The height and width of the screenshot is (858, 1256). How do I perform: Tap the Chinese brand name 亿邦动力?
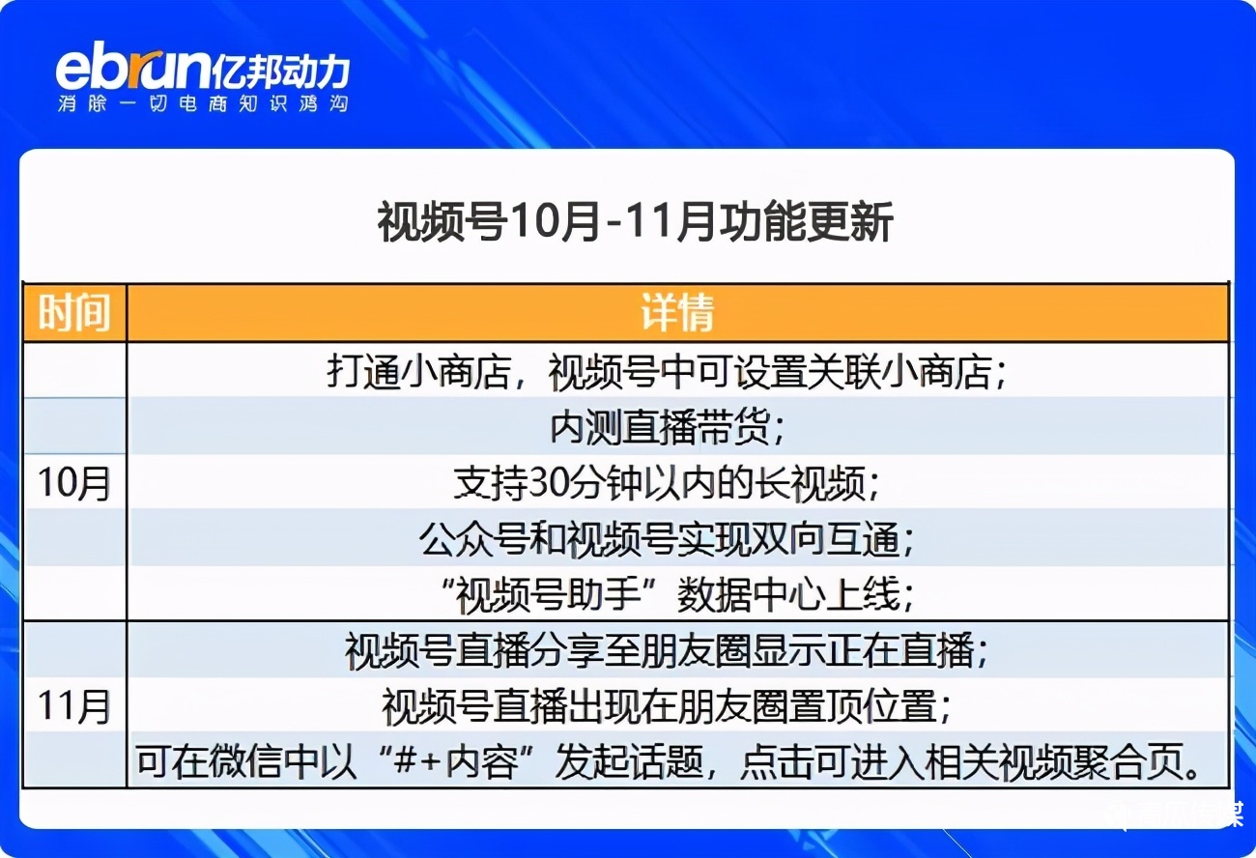point(280,71)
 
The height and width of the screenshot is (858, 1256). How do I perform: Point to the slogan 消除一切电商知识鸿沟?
point(203,103)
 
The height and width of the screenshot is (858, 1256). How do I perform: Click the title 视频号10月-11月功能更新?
point(635,222)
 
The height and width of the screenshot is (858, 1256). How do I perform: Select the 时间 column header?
point(74,312)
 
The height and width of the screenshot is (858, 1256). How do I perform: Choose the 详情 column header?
point(677,312)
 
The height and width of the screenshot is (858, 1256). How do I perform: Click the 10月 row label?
point(73,483)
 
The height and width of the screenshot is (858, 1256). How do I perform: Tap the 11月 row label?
point(73,706)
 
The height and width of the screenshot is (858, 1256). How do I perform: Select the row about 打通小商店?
point(666,372)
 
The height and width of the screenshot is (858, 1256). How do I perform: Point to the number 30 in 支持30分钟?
point(547,483)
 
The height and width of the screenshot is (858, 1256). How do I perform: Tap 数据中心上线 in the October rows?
point(788,594)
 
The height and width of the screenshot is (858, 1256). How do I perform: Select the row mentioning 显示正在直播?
point(666,650)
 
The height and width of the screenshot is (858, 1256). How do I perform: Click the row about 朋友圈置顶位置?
point(666,706)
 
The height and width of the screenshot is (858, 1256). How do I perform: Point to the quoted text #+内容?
point(455,761)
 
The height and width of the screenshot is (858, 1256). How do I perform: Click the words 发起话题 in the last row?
point(629,761)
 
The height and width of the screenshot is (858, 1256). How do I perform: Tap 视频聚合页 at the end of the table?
point(1091,761)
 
